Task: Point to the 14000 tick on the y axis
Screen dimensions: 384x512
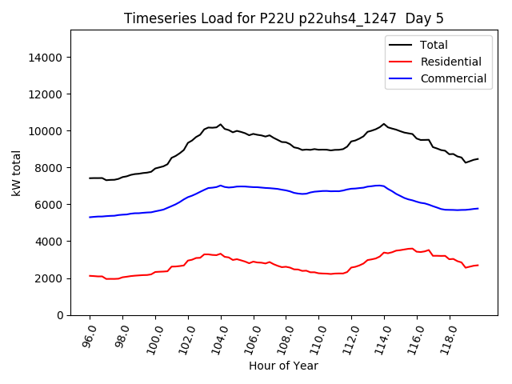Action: [46, 58]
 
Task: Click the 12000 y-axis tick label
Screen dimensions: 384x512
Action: [46, 94]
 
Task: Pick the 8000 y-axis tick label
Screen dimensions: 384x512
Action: [50, 168]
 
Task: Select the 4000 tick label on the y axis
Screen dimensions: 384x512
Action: [50, 242]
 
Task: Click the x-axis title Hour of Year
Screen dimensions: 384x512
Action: [283, 366]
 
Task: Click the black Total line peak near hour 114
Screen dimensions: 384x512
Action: [384, 124]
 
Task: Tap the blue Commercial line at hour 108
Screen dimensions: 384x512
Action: [286, 190]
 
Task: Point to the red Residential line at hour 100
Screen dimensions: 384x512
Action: [155, 272]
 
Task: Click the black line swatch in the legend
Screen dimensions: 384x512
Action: [401, 45]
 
